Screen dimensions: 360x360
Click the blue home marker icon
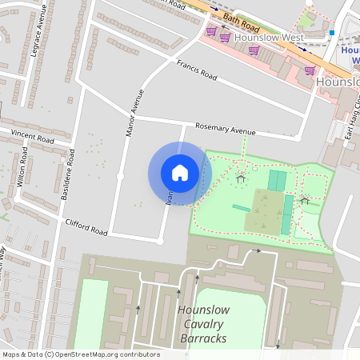coord(180,173)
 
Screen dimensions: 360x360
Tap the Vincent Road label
coord(32,137)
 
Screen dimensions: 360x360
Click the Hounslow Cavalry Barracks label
coord(202,324)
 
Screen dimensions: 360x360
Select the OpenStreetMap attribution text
coord(81,354)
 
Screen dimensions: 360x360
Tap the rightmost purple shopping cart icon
coord(310,70)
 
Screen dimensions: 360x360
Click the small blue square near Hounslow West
coord(331,33)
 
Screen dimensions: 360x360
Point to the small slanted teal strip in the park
coord(241,208)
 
